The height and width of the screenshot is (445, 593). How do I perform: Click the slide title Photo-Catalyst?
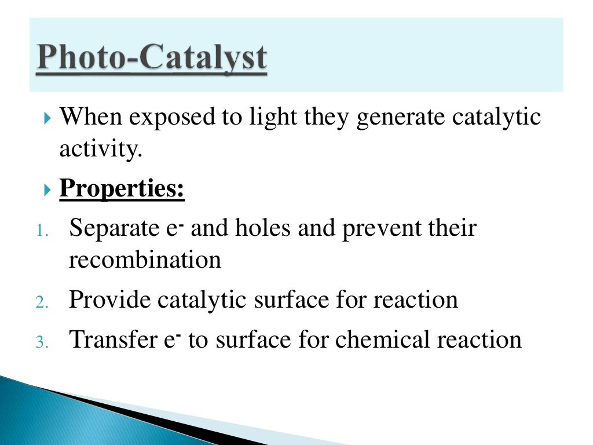(x=152, y=60)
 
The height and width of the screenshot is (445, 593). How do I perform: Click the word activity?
(x=100, y=149)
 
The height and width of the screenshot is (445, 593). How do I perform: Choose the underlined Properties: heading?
(x=122, y=189)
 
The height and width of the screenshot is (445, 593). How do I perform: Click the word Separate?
(x=109, y=229)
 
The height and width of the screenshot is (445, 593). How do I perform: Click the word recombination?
(x=145, y=260)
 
